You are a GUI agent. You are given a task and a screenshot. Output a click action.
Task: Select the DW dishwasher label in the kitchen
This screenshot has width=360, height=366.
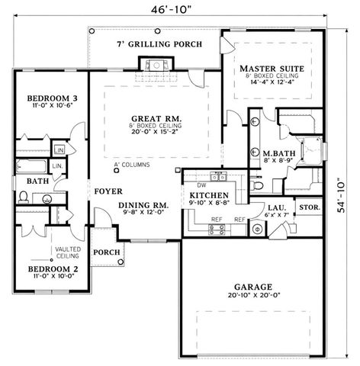click(x=202, y=184)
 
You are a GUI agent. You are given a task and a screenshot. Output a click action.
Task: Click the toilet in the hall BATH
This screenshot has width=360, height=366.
click(x=23, y=197)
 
